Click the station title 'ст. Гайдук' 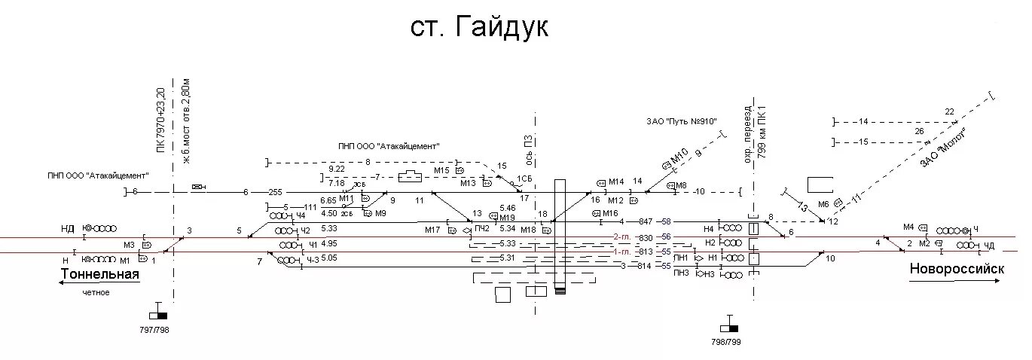click(480, 28)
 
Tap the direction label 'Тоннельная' click(101, 274)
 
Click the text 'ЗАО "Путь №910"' click(681, 121)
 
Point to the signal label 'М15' click(442, 171)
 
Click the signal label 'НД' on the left click(69, 227)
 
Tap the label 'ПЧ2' click(482, 228)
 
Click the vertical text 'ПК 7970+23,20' click(160, 120)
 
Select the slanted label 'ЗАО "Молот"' click(942, 147)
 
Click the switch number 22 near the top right click(949, 111)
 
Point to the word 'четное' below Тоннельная click(96, 292)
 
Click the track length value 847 click(645, 221)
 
